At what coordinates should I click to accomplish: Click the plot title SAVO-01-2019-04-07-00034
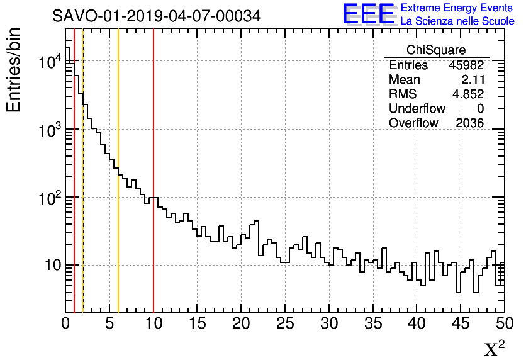pyautogui.click(x=156, y=16)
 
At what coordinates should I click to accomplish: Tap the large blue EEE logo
pyautogui.click(x=368, y=14)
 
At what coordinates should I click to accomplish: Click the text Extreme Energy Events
pyautogui.click(x=457, y=8)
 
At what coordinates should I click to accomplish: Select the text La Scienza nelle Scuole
pyautogui.click(x=457, y=21)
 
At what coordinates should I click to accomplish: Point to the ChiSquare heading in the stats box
pyautogui.click(x=436, y=50)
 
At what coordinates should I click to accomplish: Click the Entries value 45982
pyautogui.click(x=466, y=65)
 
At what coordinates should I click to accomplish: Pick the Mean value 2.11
pyautogui.click(x=472, y=80)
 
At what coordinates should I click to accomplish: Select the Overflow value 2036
pyautogui.click(x=469, y=123)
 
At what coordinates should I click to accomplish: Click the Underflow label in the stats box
pyautogui.click(x=417, y=109)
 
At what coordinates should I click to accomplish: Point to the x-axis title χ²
pyautogui.click(x=494, y=348)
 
